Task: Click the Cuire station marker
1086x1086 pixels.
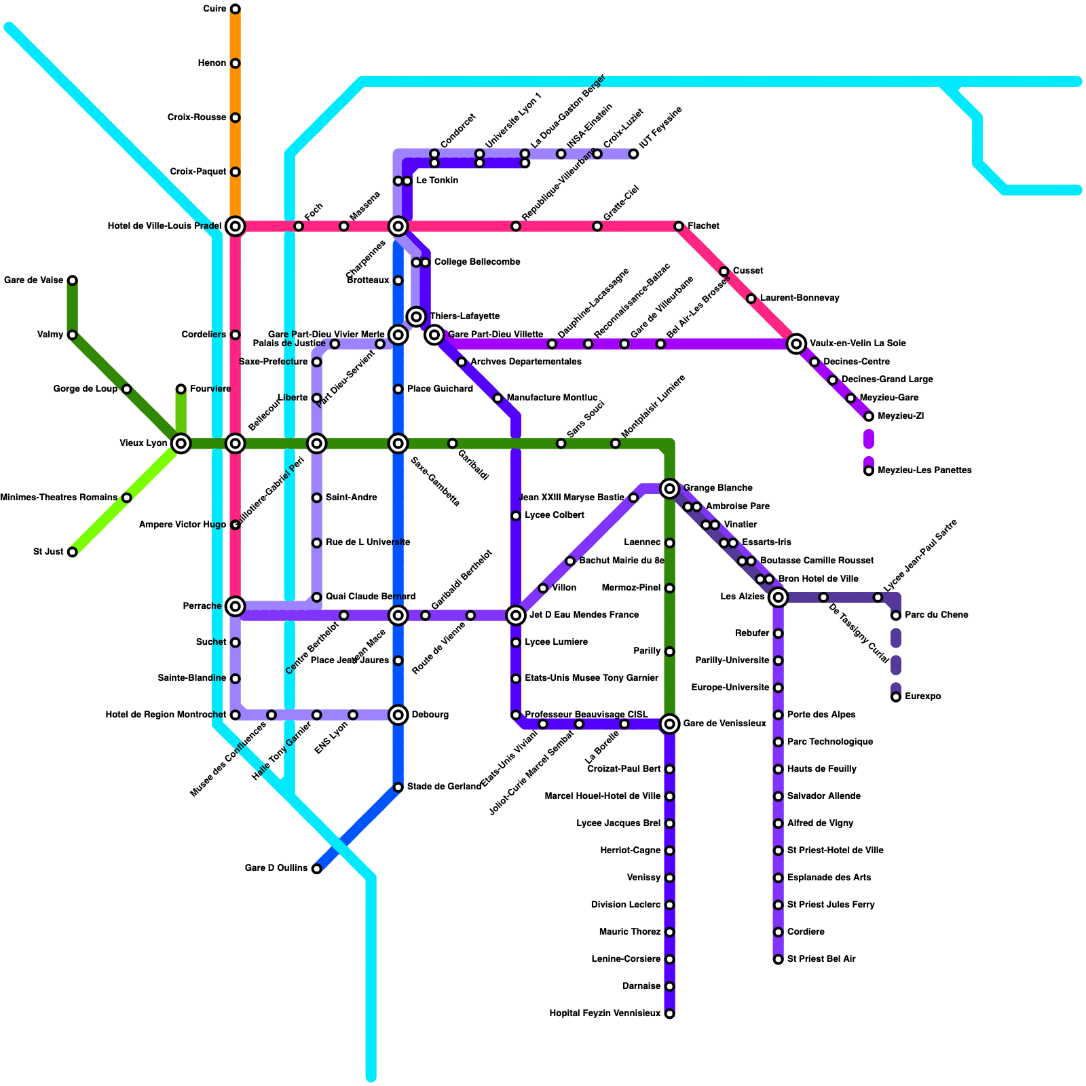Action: point(235,9)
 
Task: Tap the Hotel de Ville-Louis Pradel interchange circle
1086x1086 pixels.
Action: point(235,226)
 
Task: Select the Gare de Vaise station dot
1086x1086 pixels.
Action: point(72,280)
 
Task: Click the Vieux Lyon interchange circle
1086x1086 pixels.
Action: point(181,443)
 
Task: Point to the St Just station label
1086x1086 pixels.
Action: point(48,552)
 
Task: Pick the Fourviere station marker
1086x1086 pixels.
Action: point(181,389)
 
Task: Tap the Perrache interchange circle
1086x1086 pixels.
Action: point(235,606)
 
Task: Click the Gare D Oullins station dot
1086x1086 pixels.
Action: point(316,869)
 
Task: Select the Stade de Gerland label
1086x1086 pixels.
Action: point(444,787)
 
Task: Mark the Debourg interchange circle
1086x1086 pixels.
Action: point(398,715)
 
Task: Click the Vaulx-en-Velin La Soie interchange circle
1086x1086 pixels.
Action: point(797,344)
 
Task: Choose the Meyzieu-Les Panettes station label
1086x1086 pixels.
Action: point(924,470)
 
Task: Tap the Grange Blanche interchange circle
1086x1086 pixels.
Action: point(670,488)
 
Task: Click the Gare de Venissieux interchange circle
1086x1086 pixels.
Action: point(670,724)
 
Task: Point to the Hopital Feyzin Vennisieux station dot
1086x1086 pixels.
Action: point(670,1013)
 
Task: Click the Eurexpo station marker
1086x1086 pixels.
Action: point(896,696)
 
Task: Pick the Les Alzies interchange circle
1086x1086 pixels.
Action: point(779,597)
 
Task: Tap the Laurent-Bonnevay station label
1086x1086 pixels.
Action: point(800,298)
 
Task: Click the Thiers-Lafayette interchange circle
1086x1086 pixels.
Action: point(417,316)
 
